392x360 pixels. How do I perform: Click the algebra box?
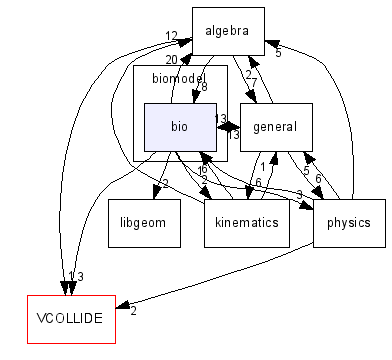(228, 31)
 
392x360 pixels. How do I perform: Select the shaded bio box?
(179, 127)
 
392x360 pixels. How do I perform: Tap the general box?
(277, 127)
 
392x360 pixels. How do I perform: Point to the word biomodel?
(178, 77)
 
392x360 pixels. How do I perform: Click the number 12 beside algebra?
(171, 36)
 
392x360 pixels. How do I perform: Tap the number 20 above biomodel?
(171, 61)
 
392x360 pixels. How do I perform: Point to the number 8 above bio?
(204, 88)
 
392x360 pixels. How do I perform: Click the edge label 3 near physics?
(298, 194)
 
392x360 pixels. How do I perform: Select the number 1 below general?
(263, 167)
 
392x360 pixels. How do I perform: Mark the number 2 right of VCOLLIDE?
(133, 310)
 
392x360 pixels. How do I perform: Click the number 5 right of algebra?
(278, 52)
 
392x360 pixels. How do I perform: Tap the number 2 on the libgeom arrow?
(165, 184)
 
